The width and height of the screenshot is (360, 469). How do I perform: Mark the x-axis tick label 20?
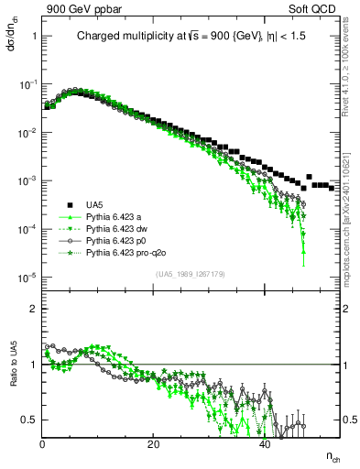[x=154, y=443]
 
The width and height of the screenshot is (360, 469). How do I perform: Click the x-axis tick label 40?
[x=265, y=443]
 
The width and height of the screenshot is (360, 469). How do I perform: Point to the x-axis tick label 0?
[x=43, y=443]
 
